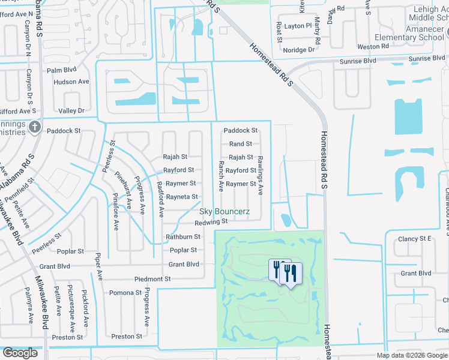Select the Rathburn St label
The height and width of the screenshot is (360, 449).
click(x=182, y=237)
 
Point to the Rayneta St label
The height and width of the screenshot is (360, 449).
click(x=182, y=197)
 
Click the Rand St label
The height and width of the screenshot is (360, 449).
click(x=241, y=144)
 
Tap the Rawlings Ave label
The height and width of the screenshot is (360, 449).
click(x=261, y=176)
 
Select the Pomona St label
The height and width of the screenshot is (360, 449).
click(x=125, y=293)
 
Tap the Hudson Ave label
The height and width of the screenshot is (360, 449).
click(x=71, y=82)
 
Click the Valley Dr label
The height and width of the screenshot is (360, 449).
click(x=71, y=110)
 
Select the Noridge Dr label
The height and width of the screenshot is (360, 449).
click(x=299, y=50)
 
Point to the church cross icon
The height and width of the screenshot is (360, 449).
click(x=35, y=127)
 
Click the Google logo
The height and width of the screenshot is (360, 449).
click(x=20, y=353)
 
